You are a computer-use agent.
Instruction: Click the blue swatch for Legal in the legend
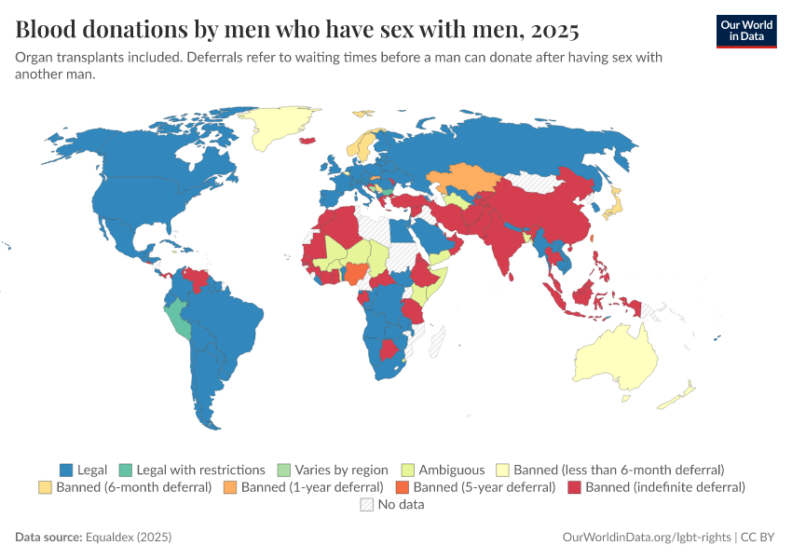pos(66,470)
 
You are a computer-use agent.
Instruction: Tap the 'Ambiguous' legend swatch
pos(407,470)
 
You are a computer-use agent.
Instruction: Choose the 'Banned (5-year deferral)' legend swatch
pos(402,486)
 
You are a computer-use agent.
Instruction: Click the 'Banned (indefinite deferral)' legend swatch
pos(574,486)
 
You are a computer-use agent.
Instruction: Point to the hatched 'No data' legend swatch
pos(366,504)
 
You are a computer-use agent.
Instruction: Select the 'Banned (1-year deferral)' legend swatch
pos(230,486)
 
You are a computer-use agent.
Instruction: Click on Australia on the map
pos(615,363)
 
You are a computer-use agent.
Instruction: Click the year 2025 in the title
pos(553,30)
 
